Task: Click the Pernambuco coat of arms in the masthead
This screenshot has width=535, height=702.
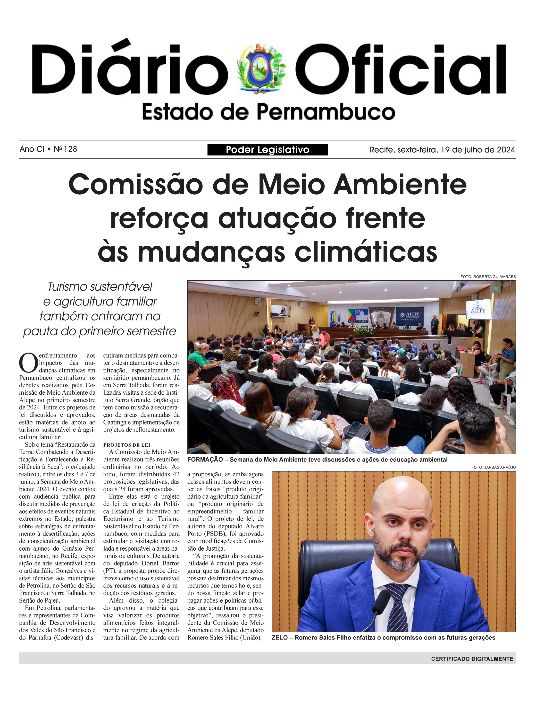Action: pos(262,69)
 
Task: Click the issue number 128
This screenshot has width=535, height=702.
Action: pos(70,149)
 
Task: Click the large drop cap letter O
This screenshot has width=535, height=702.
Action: pos(28,363)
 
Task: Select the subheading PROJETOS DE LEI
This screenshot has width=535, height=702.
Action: pos(126,445)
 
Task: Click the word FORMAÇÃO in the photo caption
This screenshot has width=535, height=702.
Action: pos(205,459)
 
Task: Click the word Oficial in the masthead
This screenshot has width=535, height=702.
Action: pos(401,69)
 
